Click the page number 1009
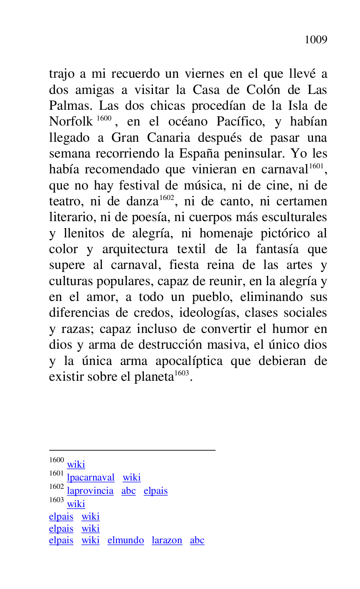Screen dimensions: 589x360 (x=316, y=40)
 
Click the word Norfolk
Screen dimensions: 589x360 (x=71, y=122)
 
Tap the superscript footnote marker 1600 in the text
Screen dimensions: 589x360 (x=104, y=118)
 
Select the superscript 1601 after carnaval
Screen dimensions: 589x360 (x=316, y=166)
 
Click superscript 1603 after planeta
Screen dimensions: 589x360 (x=182, y=373)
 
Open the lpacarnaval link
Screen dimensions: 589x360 (x=91, y=478)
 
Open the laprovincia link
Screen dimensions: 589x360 (x=90, y=491)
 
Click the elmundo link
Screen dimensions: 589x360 (x=126, y=540)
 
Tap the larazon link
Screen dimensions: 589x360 (x=167, y=540)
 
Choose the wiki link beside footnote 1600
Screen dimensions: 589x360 (x=76, y=465)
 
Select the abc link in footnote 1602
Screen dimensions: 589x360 (x=128, y=491)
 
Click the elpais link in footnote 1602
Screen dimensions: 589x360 (x=155, y=491)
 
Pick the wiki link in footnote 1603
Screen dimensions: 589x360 (x=76, y=504)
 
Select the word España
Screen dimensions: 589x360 (x=200, y=154)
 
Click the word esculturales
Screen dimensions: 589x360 (x=294, y=217)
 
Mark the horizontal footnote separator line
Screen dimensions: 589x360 (x=132, y=450)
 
